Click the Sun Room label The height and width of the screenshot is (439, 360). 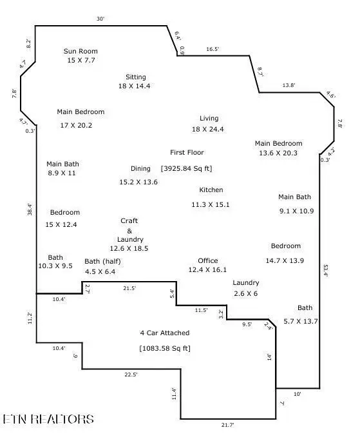(81, 51)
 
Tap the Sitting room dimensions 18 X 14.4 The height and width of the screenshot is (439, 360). (134, 86)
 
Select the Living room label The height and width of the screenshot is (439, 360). (209, 119)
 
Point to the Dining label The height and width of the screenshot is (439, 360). (140, 168)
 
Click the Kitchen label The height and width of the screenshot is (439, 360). (211, 190)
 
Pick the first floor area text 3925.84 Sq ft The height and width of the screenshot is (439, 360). (187, 168)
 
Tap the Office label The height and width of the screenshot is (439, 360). (207, 260)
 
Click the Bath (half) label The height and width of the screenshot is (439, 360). (102, 262)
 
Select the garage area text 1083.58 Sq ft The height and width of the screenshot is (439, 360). (165, 348)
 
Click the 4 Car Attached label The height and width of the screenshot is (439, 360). (165, 333)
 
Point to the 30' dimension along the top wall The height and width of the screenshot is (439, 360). (100, 19)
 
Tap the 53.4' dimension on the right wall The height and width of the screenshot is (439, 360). (326, 271)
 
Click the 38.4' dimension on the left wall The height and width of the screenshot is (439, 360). (30, 210)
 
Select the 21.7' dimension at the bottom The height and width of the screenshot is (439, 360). (228, 425)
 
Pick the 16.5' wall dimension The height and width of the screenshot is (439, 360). (213, 49)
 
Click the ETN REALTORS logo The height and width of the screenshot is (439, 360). (48, 419)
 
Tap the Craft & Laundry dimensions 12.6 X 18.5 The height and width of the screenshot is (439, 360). (129, 248)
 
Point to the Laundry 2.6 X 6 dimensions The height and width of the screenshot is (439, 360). (245, 293)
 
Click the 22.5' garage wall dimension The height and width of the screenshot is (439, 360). (131, 375)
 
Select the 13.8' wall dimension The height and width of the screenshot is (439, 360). (289, 85)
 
